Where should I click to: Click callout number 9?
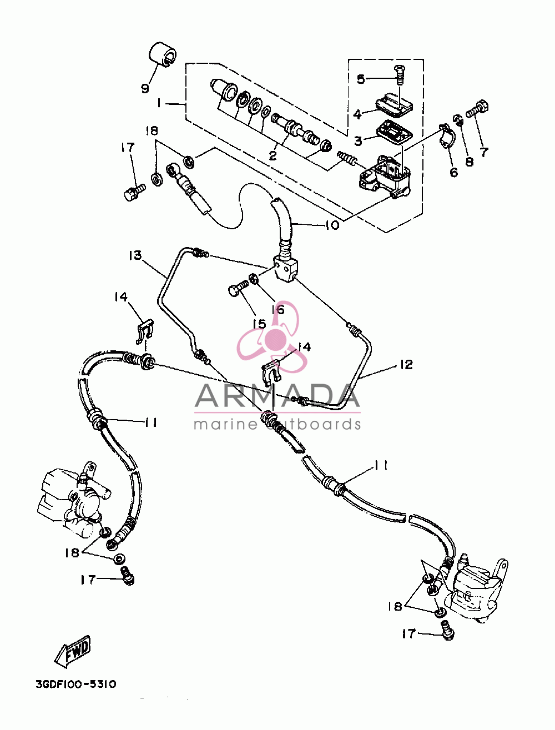coord(145,88)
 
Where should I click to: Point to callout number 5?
coord(361,79)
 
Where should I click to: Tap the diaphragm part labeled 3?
coord(394,133)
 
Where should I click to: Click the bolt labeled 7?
coord(477,110)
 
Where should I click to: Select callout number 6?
coord(453,172)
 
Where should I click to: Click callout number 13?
coord(135,255)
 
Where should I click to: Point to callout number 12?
coord(406,364)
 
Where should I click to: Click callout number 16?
coord(278,310)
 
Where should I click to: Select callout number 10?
coord(332,225)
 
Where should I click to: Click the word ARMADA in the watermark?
coord(277,395)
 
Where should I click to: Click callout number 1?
coord(159,104)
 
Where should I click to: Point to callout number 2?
coord(273,155)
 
